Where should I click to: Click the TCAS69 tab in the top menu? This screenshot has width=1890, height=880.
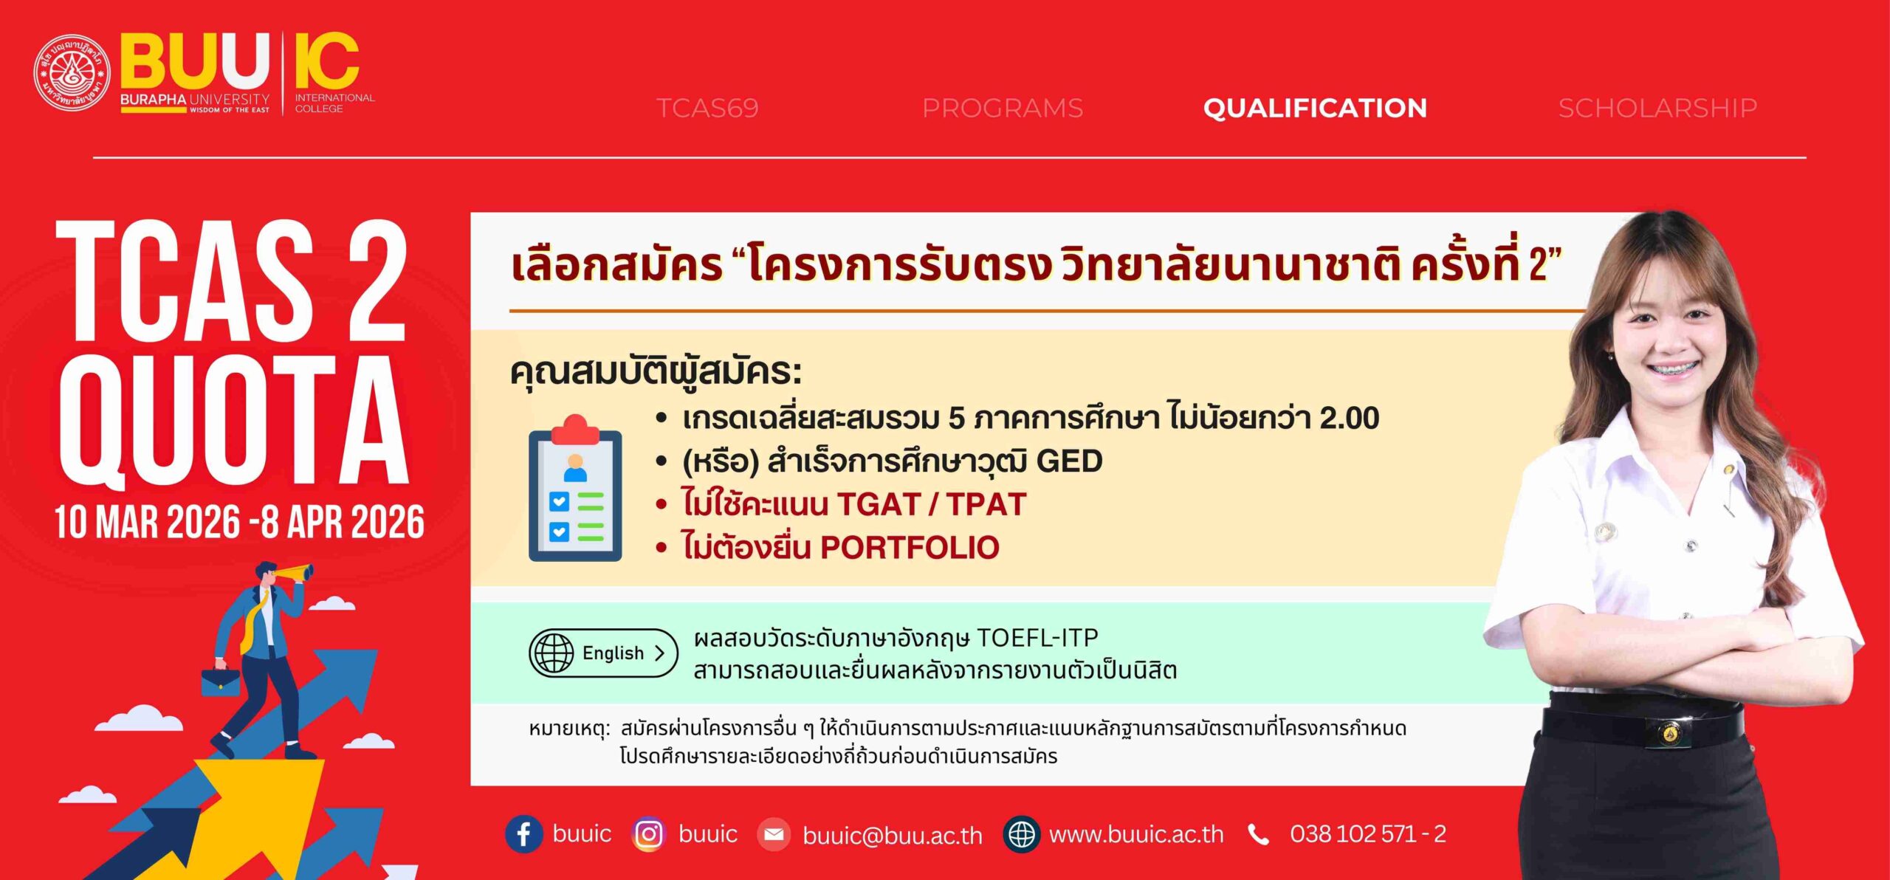pos(707,109)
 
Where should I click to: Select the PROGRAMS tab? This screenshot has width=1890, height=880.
pos(1002,109)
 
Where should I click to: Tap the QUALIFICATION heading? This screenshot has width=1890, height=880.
pos(1315,109)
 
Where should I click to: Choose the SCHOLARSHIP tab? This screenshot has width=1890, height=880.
pos(1657,109)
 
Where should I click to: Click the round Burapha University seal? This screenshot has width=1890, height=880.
pos(72,72)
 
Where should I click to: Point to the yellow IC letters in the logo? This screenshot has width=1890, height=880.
pos(326,61)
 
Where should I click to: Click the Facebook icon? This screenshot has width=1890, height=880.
pos(523,834)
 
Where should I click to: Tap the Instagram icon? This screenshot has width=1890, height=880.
pos(649,834)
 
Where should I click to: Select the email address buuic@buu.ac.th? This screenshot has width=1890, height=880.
pos(893,835)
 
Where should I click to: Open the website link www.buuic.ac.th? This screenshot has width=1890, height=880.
pos(1136,835)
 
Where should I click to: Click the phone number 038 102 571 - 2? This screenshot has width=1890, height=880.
pos(1368,834)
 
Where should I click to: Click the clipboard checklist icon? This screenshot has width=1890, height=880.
pos(575,488)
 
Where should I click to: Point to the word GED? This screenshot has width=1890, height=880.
pos(1069,461)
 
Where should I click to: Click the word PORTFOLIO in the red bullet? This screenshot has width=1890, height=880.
pos(910,548)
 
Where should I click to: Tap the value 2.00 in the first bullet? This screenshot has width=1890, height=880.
pos(1350,418)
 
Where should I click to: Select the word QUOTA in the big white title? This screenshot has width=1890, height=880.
pos(233,421)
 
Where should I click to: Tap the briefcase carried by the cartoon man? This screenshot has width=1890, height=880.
pos(220,680)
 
